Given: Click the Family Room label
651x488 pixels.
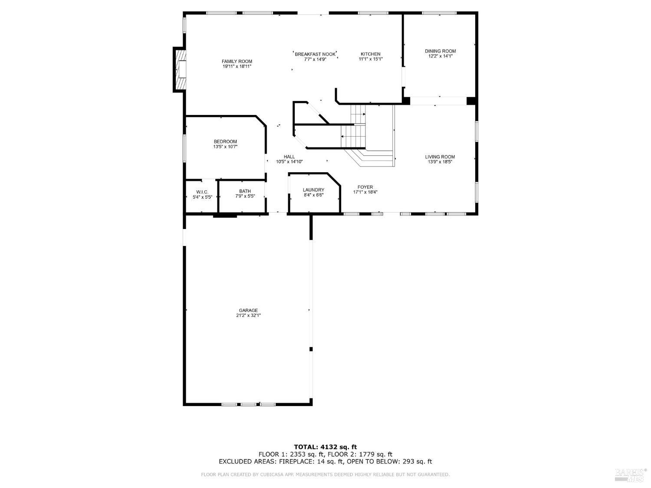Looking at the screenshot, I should (237, 61).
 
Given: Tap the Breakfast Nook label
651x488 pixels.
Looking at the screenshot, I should (315, 54).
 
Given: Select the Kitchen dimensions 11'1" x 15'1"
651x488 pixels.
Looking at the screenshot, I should (370, 59).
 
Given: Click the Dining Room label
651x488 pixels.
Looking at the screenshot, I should (440, 51).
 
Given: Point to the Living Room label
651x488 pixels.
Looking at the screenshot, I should (440, 157).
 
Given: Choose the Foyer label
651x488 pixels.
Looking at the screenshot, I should (365, 187).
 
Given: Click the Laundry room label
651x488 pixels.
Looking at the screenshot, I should (313, 190).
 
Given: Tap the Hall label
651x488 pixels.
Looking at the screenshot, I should (289, 157).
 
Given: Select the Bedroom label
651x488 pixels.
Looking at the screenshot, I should (225, 141).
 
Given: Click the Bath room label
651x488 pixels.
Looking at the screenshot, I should (245, 191).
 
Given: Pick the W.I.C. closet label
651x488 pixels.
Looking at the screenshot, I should (202, 192).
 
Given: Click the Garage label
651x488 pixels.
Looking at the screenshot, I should (248, 310).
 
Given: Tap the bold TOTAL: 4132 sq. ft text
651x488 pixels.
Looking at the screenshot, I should (325, 446).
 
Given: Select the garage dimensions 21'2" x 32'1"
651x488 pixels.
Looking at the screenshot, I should (248, 316).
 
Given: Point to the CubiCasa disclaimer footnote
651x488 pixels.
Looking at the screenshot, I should (325, 475).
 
